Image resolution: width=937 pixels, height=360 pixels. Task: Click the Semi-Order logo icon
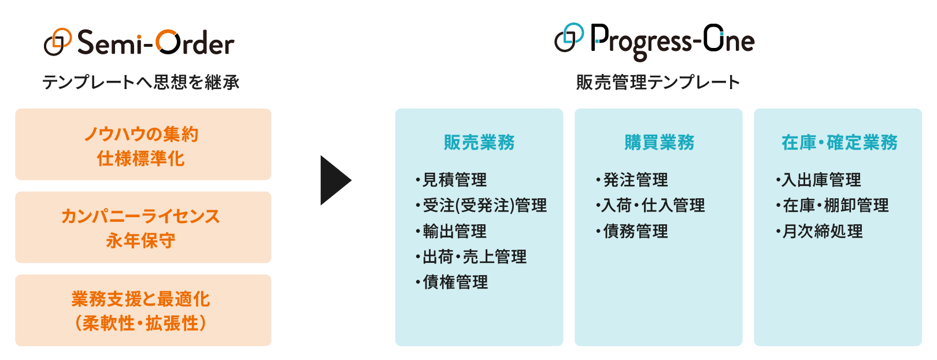(x=58, y=42)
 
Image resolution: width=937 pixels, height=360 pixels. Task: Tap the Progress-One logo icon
(x=569, y=37)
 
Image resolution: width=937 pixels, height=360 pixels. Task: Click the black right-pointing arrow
(x=335, y=180)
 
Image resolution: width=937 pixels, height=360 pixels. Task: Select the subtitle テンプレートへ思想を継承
(x=141, y=82)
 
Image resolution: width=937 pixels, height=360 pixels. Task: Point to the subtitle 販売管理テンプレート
(x=658, y=82)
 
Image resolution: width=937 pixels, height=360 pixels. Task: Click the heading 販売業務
(x=479, y=142)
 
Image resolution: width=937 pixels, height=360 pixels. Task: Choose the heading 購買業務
(x=659, y=142)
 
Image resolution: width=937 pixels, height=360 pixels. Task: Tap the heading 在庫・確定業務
(x=839, y=142)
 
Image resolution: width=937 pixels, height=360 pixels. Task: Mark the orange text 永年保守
(x=141, y=241)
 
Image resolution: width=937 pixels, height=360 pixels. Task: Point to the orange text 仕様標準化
(x=141, y=159)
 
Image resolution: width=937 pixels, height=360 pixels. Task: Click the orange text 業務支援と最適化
(x=141, y=299)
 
